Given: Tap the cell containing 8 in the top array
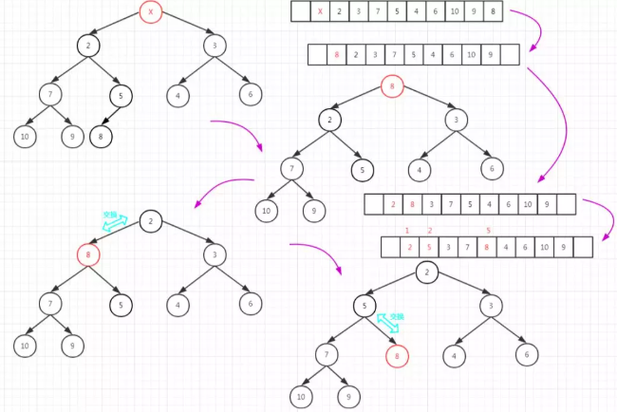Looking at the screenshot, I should coord(492,12).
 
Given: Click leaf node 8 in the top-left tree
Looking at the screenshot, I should coord(102,136).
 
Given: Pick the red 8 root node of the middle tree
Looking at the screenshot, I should coord(391,87).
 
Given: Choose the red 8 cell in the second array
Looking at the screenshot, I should coord(337,56).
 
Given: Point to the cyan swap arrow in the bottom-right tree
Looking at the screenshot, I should coord(392,321).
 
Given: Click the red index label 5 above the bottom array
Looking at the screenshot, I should coord(487,231).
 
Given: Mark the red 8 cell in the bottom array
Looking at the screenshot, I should coord(485,248).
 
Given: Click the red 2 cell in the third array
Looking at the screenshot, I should coord(393,204).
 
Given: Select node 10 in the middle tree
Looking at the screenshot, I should coord(268,211).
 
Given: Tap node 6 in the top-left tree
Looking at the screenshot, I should coord(250,95).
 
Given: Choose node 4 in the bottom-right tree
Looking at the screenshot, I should coord(456,356).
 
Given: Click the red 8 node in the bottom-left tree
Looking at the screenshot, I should coord(88,254).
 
